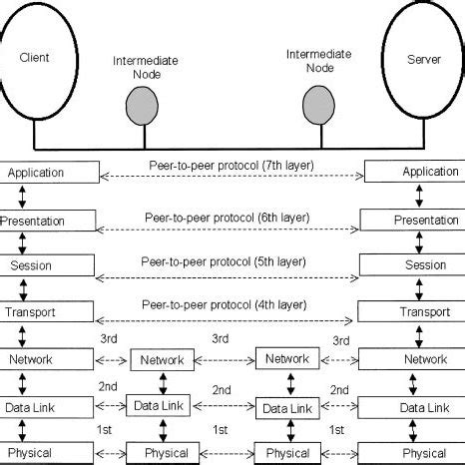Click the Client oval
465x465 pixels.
[x=35, y=60]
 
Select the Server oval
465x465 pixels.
[x=423, y=60]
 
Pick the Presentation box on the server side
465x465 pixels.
[x=411, y=220]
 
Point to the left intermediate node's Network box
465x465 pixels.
[x=162, y=360]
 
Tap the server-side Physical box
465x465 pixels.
[x=411, y=454]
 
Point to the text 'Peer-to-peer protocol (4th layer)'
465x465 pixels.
[x=226, y=302]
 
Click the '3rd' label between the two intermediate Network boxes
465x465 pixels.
[x=221, y=340]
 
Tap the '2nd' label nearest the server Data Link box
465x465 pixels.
[x=340, y=388]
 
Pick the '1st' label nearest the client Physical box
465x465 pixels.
[x=103, y=430]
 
